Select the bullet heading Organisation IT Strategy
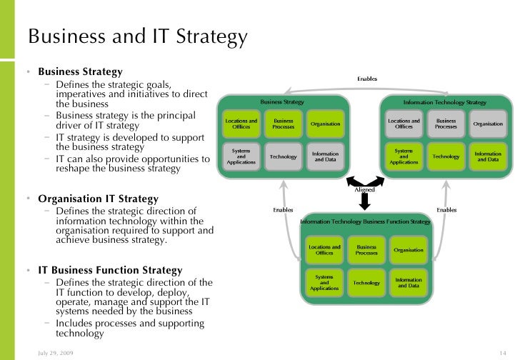[x=98, y=199]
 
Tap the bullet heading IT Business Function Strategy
[x=110, y=271]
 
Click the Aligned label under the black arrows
[x=364, y=190]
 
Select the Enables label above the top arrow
[x=367, y=79]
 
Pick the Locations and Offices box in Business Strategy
[x=241, y=124]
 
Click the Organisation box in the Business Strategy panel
[x=325, y=124]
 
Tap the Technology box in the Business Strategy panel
[x=283, y=156]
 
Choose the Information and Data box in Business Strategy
[x=325, y=156]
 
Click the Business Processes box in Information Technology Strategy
[x=446, y=124]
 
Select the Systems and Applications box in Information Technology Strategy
[x=404, y=156]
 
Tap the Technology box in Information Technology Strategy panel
[x=446, y=156]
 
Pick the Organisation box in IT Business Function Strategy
[x=408, y=250]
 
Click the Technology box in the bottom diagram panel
[x=366, y=283]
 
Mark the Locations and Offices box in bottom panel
[x=324, y=250]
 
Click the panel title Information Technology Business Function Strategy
[x=366, y=222]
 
